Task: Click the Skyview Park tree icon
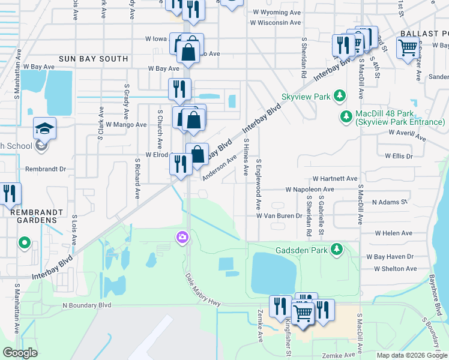pyautogui.click(x=340, y=96)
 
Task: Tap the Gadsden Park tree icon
pyautogui.click(x=337, y=249)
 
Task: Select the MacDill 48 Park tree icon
pyautogui.click(x=346, y=116)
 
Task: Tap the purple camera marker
pyautogui.click(x=181, y=238)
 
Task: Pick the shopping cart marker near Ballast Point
pyautogui.click(x=408, y=46)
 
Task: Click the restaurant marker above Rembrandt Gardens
pyautogui.click(x=10, y=193)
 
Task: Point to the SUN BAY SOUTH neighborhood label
pyautogui.click(x=93, y=59)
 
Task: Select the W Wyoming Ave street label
pyautogui.click(x=277, y=12)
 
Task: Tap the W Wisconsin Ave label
pyautogui.click(x=276, y=23)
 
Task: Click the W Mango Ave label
pyautogui.click(x=125, y=125)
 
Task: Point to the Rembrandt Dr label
pyautogui.click(x=46, y=170)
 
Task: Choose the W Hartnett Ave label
pyautogui.click(x=335, y=179)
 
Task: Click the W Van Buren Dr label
pyautogui.click(x=279, y=215)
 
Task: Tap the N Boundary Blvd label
pyautogui.click(x=87, y=305)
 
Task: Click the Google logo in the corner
pyautogui.click(x=20, y=353)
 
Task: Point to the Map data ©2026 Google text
pyautogui.click(x=411, y=355)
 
